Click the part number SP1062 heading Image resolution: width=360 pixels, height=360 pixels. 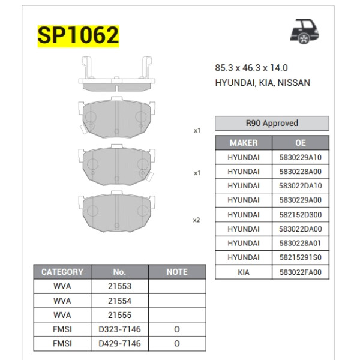[x=78, y=35]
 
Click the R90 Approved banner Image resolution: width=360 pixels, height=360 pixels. [x=272, y=123]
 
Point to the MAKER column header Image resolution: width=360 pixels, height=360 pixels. [x=244, y=143]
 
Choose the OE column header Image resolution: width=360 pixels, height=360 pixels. [x=301, y=143]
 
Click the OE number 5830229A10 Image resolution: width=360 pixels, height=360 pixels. [x=301, y=157]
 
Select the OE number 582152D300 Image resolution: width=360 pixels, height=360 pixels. [x=301, y=214]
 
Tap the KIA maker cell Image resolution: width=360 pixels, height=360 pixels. [x=244, y=272]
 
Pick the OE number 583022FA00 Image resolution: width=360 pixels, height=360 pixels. [x=301, y=272]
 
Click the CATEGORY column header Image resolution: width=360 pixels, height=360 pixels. [x=62, y=272]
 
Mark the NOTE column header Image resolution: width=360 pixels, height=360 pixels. [x=176, y=272]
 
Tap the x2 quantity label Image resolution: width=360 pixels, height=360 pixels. [x=196, y=220]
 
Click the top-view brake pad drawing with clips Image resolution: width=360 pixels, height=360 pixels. [x=115, y=74]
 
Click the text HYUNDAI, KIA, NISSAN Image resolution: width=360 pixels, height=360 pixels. [x=262, y=83]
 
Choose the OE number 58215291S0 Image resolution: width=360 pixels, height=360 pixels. [x=301, y=257]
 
